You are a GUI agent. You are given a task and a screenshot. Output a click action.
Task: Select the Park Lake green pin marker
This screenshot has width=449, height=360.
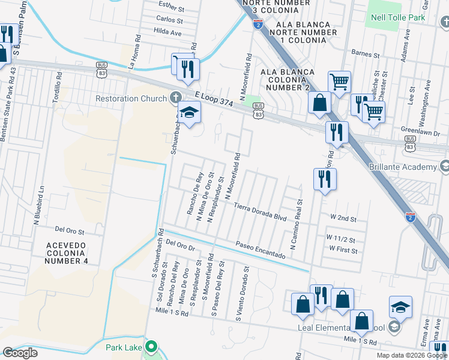pos(151,347)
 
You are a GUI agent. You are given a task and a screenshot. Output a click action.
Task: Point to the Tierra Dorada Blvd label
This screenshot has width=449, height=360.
pos(260,211)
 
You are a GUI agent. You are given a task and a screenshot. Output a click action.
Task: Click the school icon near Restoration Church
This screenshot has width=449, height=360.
pos(189,113)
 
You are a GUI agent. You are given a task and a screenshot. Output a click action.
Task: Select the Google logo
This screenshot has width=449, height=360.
pos(20,353)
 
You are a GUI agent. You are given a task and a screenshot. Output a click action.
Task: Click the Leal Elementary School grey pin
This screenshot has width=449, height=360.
pos(394,327)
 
